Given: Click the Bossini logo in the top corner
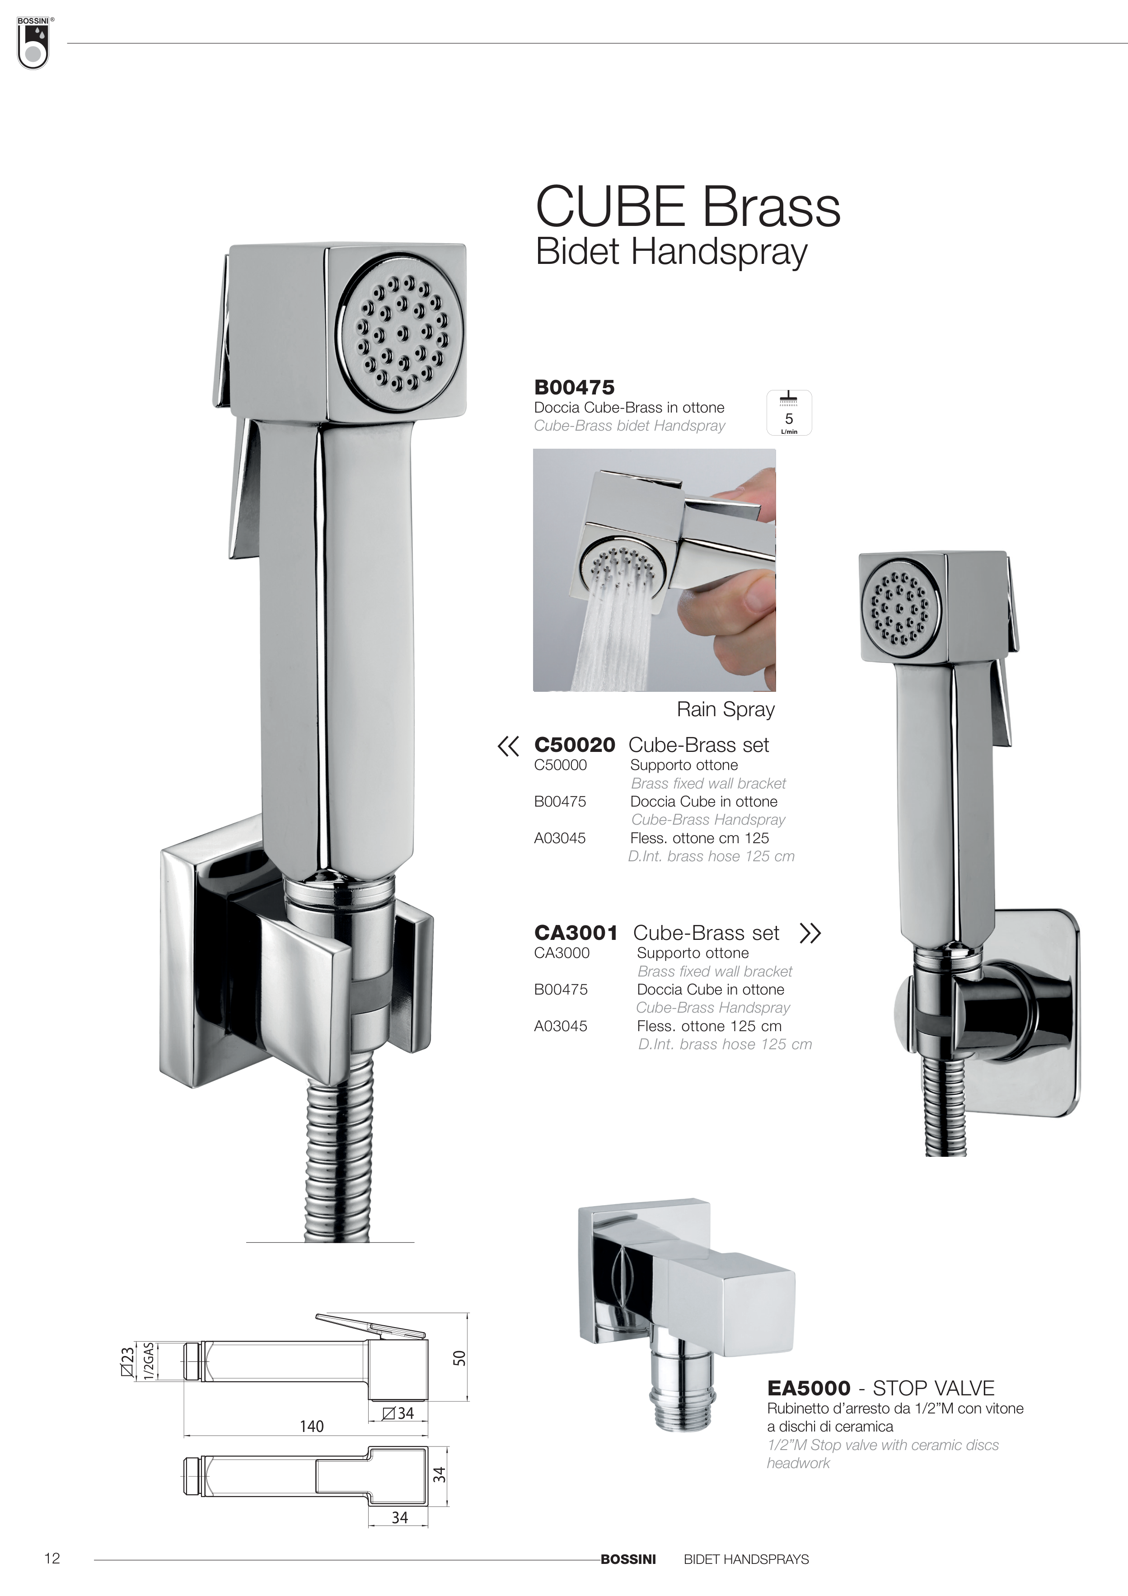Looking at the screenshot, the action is point(33,42).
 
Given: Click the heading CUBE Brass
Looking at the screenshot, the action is point(688,207).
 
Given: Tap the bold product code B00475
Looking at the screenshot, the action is point(574,387).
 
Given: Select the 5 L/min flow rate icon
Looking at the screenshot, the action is point(789,413).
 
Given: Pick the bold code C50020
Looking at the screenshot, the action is point(574,745).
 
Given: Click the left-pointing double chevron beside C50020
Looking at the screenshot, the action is point(508,746).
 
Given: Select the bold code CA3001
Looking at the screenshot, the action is point(576,933).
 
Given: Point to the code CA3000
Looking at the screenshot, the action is point(562,953).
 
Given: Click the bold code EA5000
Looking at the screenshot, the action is point(808,1388).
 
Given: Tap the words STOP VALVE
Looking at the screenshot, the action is point(933,1388).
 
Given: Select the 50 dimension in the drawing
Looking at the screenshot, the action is point(459,1357).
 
